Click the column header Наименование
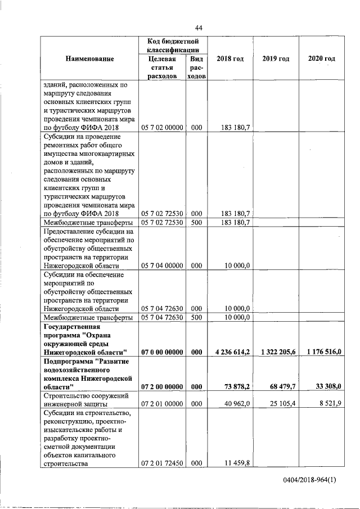pos(89,59)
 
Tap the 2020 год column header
pos(322,59)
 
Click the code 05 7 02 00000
pos(163,128)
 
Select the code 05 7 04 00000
pos(163,265)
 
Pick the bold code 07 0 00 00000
pos(163,352)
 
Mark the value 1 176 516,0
pos(323,352)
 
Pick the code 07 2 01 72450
pos(163,464)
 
